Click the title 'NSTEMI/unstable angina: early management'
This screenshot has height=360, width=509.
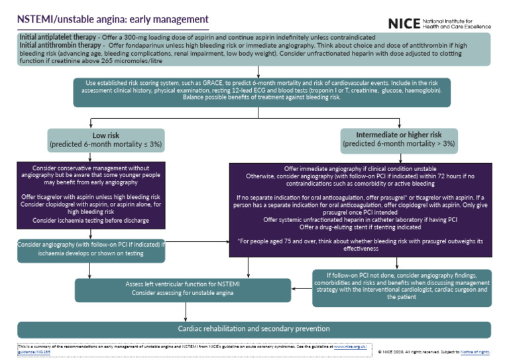pos(112,20)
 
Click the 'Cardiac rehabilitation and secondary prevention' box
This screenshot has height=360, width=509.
pos(254,328)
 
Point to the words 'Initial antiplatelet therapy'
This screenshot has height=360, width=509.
pos(56,36)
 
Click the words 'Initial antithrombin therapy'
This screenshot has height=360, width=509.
pos(58,44)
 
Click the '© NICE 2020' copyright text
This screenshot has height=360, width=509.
pos(395,349)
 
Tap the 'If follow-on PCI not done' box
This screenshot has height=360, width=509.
pos(401,285)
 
